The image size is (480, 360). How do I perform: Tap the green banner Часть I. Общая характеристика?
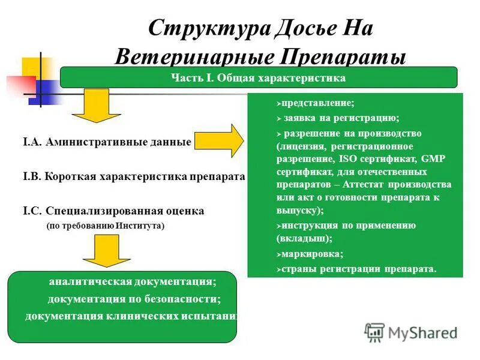click(259, 77)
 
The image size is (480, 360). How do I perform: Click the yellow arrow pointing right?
click(220, 141)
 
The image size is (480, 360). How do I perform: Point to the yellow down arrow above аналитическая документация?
click(106, 250)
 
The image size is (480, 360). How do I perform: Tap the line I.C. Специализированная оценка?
click(114, 211)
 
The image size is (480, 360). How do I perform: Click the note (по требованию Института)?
click(105, 226)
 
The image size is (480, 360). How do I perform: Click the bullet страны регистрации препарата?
click(359, 268)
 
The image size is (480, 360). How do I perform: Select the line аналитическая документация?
click(133, 281)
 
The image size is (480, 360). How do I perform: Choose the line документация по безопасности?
click(134, 299)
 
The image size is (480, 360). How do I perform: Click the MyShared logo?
click(411, 332)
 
